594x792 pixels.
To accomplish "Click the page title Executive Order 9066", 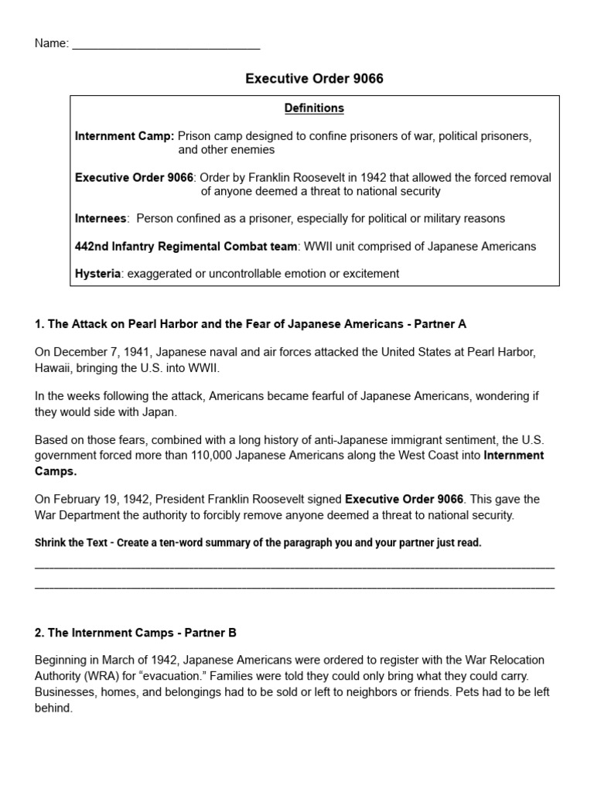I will (314, 79).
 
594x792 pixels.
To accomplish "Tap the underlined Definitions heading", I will (315, 108).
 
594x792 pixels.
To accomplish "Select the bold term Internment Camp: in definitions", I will (125, 135).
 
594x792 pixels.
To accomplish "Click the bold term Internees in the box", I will (101, 219).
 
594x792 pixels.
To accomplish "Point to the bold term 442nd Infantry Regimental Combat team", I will (186, 247).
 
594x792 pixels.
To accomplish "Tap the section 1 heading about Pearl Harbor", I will (251, 324).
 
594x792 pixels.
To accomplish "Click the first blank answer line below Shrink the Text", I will (295, 567).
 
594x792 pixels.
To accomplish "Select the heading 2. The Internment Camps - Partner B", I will (135, 633).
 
